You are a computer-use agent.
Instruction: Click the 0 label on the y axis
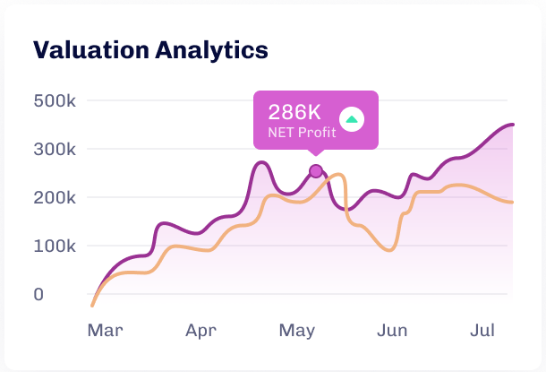coord(38,294)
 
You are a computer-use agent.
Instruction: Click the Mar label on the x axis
coord(105,331)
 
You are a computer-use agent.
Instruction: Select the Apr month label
coord(201,331)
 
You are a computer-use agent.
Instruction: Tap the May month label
coord(296,331)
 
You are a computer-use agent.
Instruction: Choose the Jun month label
coord(392,331)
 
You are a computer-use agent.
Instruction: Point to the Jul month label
coord(483,331)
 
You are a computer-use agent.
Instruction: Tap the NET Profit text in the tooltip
coord(302,134)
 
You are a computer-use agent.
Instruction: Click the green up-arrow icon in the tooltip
coord(352,118)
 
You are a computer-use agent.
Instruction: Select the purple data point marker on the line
coord(315,171)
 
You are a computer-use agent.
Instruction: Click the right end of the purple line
coord(513,125)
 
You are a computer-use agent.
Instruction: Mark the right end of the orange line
coord(513,202)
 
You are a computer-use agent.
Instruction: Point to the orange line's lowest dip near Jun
coord(388,250)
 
